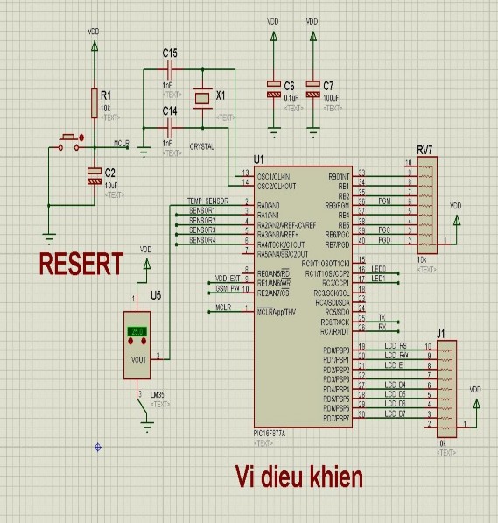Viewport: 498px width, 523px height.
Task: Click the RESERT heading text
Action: (81, 263)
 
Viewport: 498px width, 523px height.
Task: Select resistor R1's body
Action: (94, 103)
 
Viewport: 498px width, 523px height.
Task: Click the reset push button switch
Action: (70, 140)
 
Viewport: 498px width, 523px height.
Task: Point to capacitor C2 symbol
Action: (94, 175)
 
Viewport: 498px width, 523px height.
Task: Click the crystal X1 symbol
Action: (203, 97)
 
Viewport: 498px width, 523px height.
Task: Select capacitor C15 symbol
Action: (171, 68)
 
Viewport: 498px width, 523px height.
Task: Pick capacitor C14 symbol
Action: (171, 126)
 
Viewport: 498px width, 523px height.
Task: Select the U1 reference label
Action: (257, 159)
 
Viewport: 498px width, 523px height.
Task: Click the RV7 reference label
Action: (424, 148)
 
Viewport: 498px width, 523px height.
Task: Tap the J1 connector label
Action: (440, 332)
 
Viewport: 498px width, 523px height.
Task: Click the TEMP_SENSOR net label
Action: (208, 201)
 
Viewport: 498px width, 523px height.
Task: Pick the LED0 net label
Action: (378, 268)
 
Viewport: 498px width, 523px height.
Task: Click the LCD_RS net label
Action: (396, 346)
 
